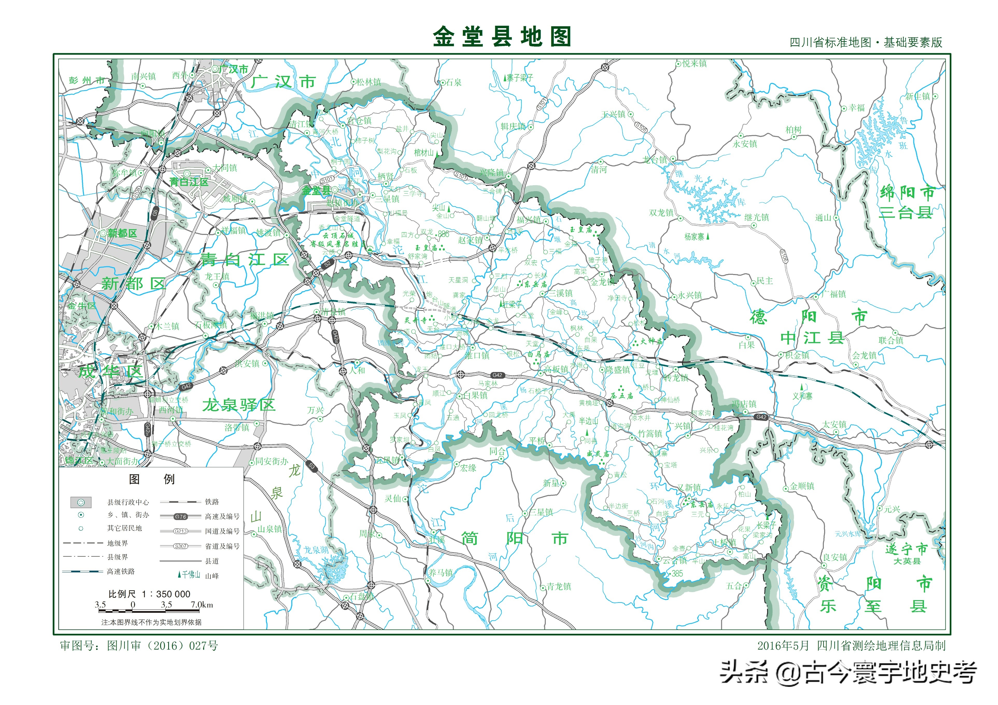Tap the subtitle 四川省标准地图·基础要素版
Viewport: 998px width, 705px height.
click(x=866, y=42)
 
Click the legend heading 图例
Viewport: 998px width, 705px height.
click(x=152, y=479)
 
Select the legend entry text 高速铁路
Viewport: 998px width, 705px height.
click(x=121, y=571)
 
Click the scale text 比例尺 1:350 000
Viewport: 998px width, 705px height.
click(x=149, y=594)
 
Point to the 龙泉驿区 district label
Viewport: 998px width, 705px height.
click(x=239, y=405)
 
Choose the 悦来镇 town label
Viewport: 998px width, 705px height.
click(x=694, y=63)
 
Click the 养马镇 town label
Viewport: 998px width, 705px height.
click(x=441, y=572)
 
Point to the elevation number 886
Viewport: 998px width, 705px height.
click(x=443, y=234)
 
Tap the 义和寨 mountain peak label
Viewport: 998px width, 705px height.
click(x=802, y=396)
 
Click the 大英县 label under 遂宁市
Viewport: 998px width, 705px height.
click(x=907, y=561)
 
